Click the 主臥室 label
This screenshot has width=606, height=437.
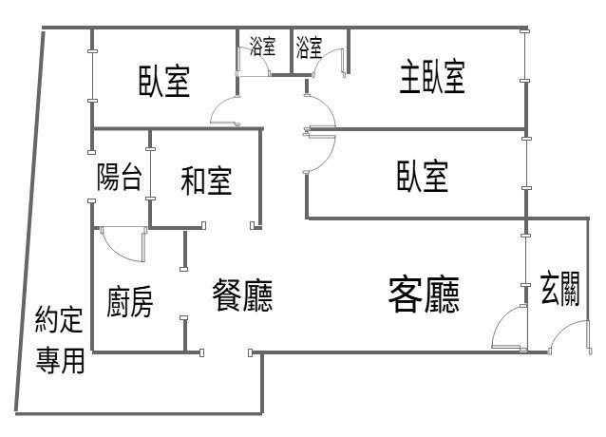click(431, 79)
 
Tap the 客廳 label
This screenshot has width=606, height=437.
click(425, 295)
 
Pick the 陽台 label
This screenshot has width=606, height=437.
click(121, 178)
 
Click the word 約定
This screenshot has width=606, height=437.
click(60, 318)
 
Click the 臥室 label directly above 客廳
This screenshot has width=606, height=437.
click(423, 176)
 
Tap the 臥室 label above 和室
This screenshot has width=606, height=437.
click(164, 82)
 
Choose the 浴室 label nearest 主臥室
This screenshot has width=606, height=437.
click(309, 46)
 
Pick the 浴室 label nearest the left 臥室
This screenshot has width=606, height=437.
click(262, 46)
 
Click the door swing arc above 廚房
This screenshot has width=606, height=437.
click(121, 244)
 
